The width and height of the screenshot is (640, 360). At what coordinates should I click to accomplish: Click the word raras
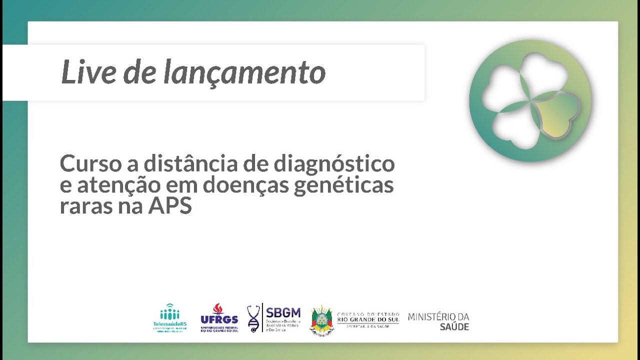[85, 206]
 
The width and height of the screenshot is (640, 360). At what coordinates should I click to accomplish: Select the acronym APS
[170, 206]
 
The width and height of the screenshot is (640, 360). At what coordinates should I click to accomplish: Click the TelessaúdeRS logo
[169, 318]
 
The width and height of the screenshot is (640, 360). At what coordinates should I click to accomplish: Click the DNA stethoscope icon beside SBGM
[254, 318]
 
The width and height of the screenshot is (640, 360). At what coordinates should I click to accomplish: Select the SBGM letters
[283, 312]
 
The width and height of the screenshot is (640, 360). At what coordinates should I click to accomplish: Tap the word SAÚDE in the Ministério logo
[454, 327]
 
